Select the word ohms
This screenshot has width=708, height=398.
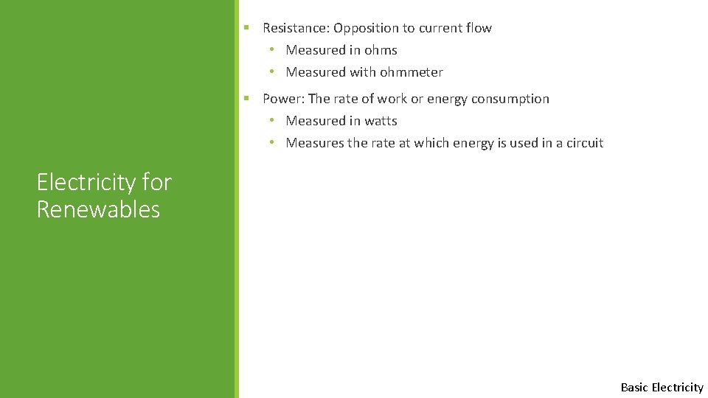tap(381, 50)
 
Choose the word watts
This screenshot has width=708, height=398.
tap(381, 121)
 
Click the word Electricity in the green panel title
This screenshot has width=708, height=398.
tap(86, 182)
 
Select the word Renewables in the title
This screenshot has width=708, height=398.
tap(98, 209)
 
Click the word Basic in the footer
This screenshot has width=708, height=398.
tap(634, 387)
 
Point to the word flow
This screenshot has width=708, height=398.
tap(479, 28)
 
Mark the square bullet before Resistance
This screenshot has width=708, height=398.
tap(248, 27)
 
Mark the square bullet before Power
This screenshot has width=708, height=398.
tap(248, 98)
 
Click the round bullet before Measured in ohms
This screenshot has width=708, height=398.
tap(271, 50)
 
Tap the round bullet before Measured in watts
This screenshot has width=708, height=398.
tap(271, 121)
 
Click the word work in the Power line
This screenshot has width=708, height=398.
tap(392, 99)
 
